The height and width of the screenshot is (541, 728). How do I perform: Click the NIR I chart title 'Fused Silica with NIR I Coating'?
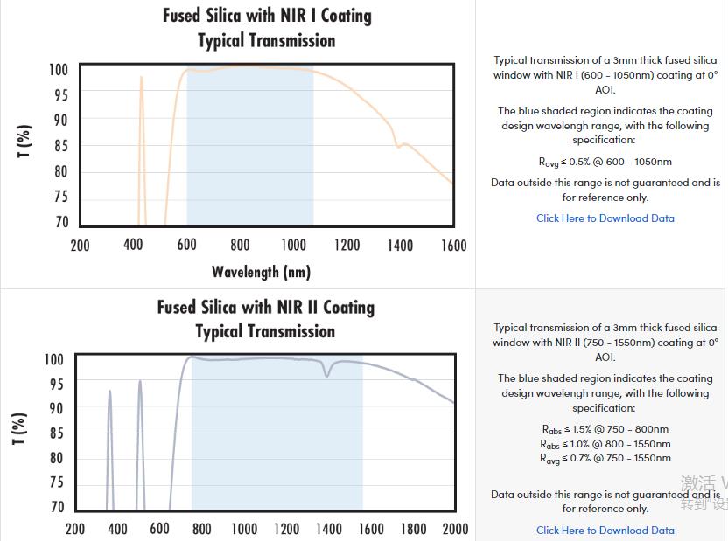[x=267, y=16]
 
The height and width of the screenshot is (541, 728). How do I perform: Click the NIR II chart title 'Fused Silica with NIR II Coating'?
[x=266, y=307]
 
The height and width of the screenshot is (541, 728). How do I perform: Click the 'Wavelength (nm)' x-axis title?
[x=261, y=272]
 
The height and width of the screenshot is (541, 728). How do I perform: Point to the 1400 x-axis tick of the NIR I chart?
[x=400, y=246]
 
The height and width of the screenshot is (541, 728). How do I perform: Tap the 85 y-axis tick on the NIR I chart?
[x=60, y=146]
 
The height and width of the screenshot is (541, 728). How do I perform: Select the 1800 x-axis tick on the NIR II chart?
[x=413, y=529]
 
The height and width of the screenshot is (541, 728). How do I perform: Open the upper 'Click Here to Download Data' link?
[x=605, y=218]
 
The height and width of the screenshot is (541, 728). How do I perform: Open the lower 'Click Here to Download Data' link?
[x=605, y=530]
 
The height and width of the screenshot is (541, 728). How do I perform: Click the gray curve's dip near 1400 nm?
[x=328, y=374]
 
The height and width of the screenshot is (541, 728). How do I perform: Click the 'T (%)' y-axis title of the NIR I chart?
[x=24, y=142]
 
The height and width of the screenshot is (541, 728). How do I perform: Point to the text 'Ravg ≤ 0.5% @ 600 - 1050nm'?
[x=605, y=162]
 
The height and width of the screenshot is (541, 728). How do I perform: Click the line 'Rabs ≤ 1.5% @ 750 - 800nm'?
[x=605, y=429]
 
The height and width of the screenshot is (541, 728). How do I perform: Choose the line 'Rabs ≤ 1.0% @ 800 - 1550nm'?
[x=605, y=444]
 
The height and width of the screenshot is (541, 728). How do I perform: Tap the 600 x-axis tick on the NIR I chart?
[x=186, y=246]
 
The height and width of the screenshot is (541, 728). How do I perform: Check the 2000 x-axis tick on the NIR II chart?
[x=455, y=529]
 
